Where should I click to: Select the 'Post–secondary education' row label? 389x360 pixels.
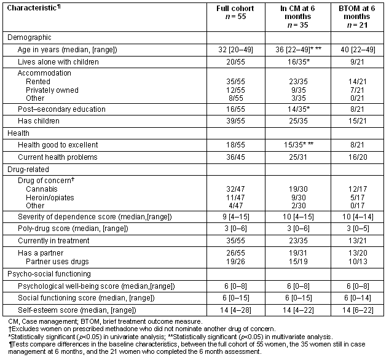55,109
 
